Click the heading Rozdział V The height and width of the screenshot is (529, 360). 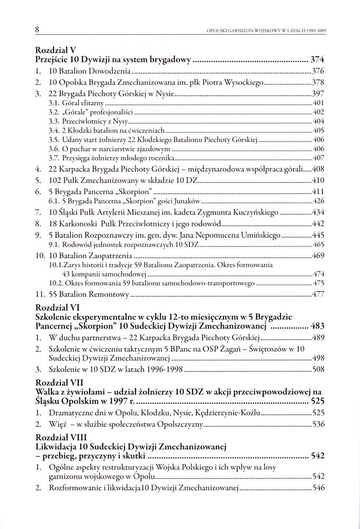point(55,50)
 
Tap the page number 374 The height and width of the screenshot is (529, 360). point(317,59)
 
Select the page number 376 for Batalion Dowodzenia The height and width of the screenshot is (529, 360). point(318,71)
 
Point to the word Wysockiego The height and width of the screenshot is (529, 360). point(241,83)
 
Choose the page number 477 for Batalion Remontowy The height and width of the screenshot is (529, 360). point(318,294)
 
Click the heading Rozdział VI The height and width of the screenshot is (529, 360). point(57,307)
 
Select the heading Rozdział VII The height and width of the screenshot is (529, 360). point(59,382)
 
